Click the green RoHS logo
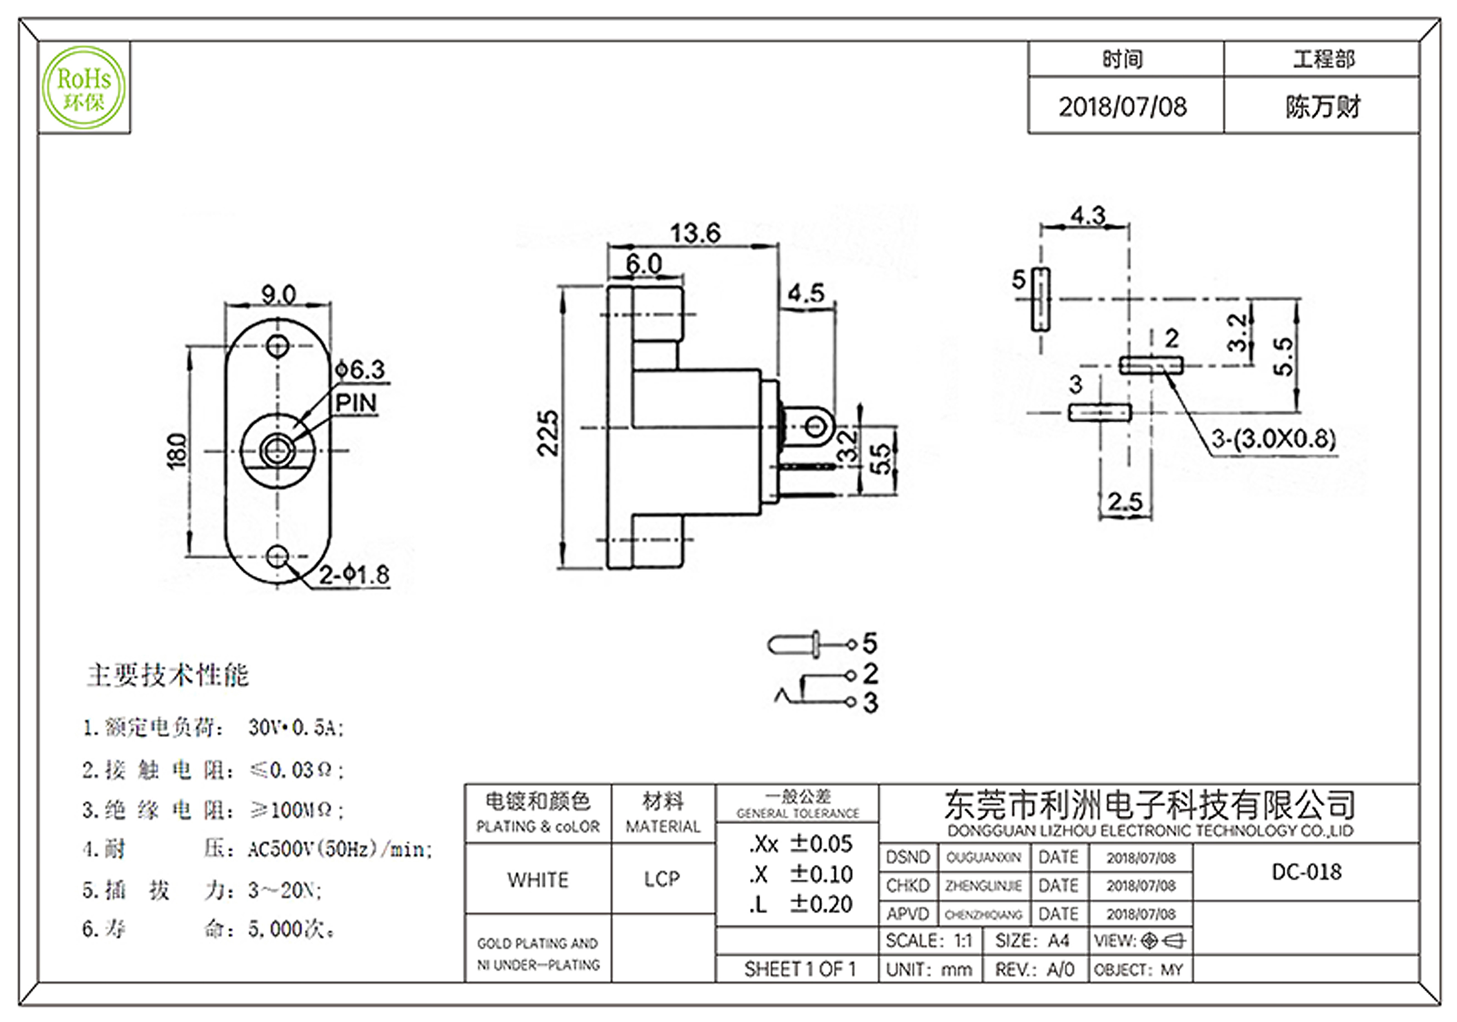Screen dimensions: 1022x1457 (84, 88)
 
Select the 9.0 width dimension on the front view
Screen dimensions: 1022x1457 (278, 295)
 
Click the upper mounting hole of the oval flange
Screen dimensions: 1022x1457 (277, 346)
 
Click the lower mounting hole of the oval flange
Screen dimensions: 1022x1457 (277, 556)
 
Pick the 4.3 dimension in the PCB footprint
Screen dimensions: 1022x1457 (1088, 216)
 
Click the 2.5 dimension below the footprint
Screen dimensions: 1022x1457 (1125, 502)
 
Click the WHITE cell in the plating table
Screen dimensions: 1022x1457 (538, 880)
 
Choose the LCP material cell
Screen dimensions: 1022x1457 (662, 879)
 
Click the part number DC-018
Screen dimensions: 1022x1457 (1306, 872)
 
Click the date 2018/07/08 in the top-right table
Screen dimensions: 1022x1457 (1123, 107)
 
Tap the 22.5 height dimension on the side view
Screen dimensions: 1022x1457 (548, 433)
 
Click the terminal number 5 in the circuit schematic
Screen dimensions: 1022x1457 (870, 643)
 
